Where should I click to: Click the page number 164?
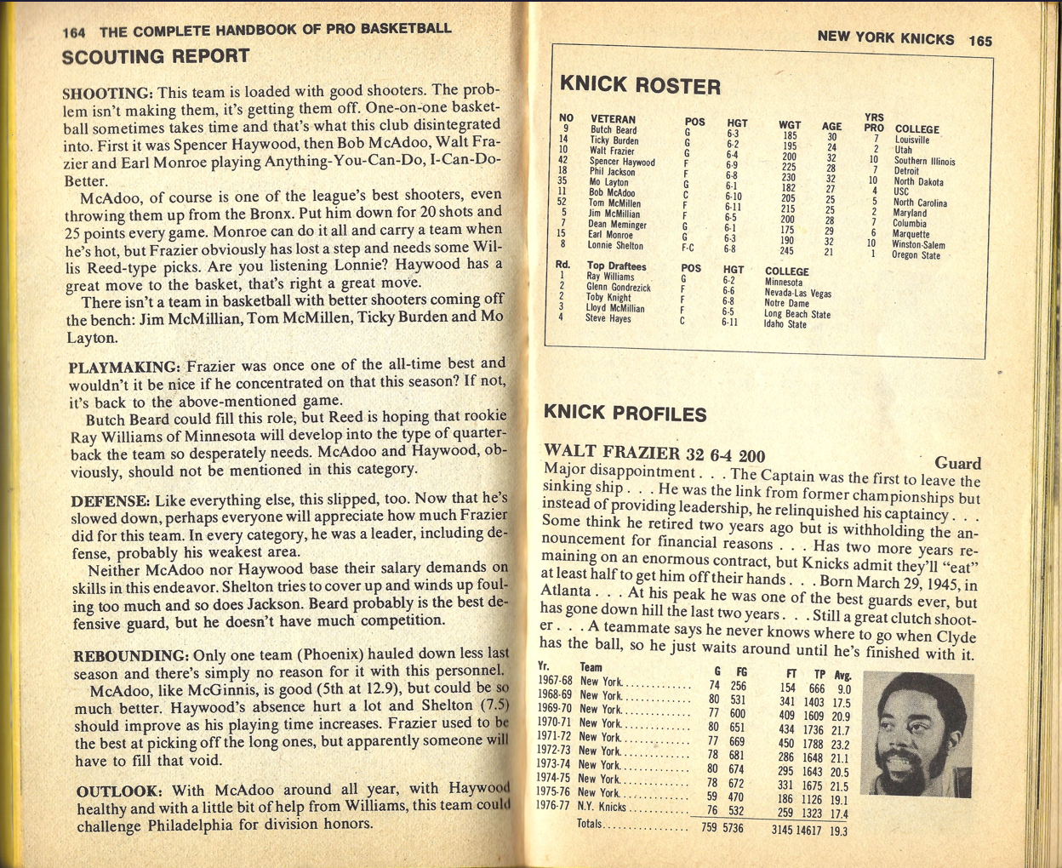74,32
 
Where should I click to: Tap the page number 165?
980,40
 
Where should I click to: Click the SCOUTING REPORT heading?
156,57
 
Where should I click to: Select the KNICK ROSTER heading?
640,85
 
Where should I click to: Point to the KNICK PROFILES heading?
625,414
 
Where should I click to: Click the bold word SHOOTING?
107,94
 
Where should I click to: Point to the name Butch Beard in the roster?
613,130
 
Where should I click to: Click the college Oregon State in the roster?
916,255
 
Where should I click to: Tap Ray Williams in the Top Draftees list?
610,277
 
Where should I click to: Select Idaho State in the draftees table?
785,324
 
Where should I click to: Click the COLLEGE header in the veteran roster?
916,129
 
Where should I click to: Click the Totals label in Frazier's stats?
590,824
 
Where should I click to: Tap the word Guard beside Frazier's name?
957,463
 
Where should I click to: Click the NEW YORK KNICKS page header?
885,38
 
